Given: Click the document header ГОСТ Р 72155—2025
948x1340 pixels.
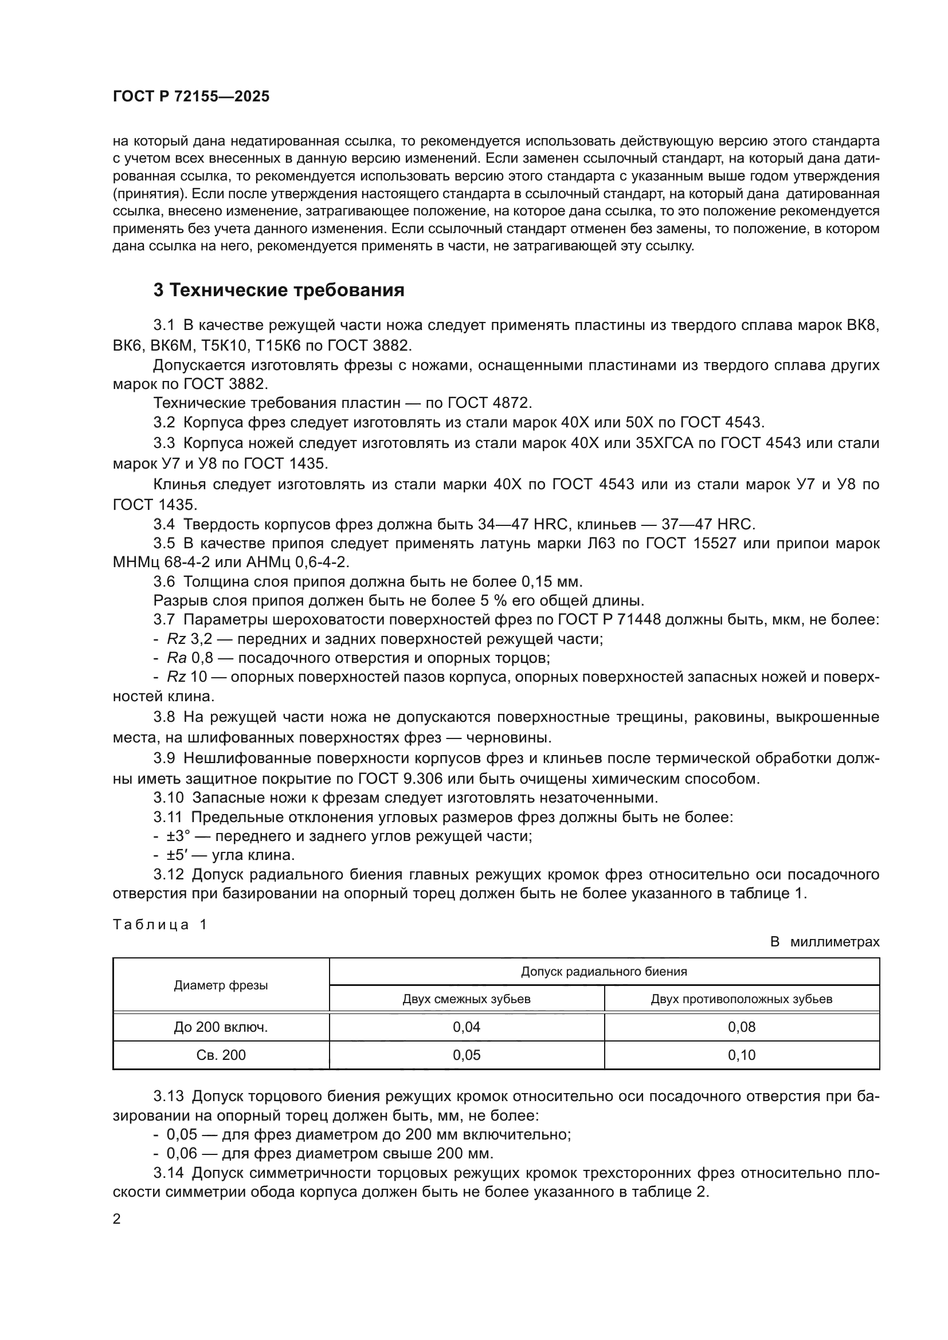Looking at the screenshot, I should pos(191,97).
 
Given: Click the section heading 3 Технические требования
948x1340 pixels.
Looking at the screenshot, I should pos(279,290).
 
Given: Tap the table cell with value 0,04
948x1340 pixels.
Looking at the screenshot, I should pos(467,1027).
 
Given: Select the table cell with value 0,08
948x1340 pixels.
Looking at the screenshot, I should pos(741,1027).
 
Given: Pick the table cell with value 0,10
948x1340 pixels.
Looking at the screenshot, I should pos(741,1055).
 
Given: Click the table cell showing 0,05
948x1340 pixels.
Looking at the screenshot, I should pos(467,1055).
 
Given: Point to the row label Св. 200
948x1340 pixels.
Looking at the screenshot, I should pos(221,1055).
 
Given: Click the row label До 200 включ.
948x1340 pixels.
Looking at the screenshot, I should pos(221,1027).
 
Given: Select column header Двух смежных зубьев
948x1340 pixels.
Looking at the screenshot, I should pos(467,999).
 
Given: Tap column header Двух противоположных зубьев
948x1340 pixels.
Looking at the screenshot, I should pos(741,999).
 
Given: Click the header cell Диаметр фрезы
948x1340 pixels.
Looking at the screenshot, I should pos(221,986).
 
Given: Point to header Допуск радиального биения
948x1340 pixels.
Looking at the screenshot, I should pos(604,972).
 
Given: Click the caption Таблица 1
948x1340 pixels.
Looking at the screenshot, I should pos(160,925).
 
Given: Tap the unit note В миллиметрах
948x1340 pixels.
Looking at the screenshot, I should pos(824,942).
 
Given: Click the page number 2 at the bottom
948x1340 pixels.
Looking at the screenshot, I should pos(117,1219).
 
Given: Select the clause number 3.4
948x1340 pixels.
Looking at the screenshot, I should pos(164,524).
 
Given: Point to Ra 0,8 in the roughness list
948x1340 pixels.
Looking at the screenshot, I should pos(186,658).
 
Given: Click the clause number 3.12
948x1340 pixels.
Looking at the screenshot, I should pos(168,874).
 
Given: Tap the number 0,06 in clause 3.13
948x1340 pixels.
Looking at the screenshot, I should pos(180,1154).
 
